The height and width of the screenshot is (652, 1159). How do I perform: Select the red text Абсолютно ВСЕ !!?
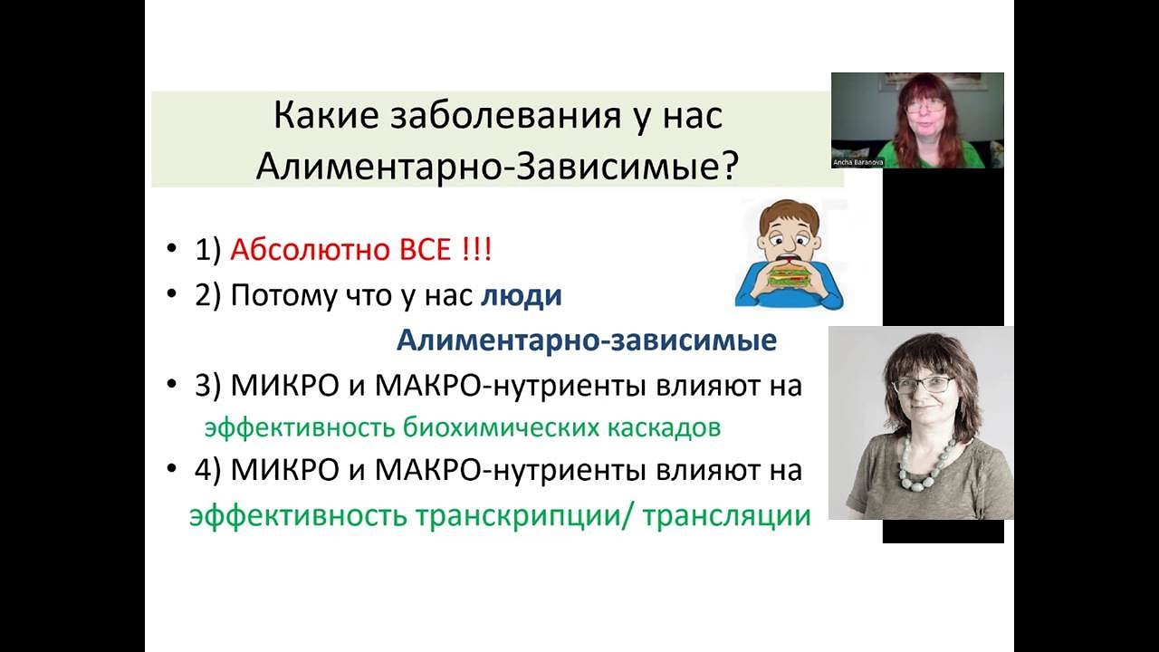361,250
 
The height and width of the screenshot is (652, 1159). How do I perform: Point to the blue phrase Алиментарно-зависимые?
586,341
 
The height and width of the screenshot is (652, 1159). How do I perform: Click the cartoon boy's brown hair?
789,216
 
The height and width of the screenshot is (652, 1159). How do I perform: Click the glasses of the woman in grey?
922,384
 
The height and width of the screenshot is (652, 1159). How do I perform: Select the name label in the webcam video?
857,163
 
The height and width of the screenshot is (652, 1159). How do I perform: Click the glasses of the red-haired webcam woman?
924,106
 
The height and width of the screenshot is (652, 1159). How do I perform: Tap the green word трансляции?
725,516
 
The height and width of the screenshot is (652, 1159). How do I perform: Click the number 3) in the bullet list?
208,386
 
